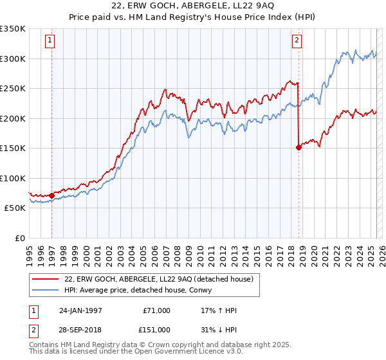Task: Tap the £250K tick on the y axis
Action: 13,89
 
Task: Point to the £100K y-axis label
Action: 13,179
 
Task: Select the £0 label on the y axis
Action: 19,239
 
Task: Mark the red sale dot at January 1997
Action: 51,195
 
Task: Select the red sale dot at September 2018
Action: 299,147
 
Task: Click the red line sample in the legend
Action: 46,279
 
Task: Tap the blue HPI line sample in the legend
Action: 46,291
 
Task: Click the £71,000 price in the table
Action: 155,310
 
